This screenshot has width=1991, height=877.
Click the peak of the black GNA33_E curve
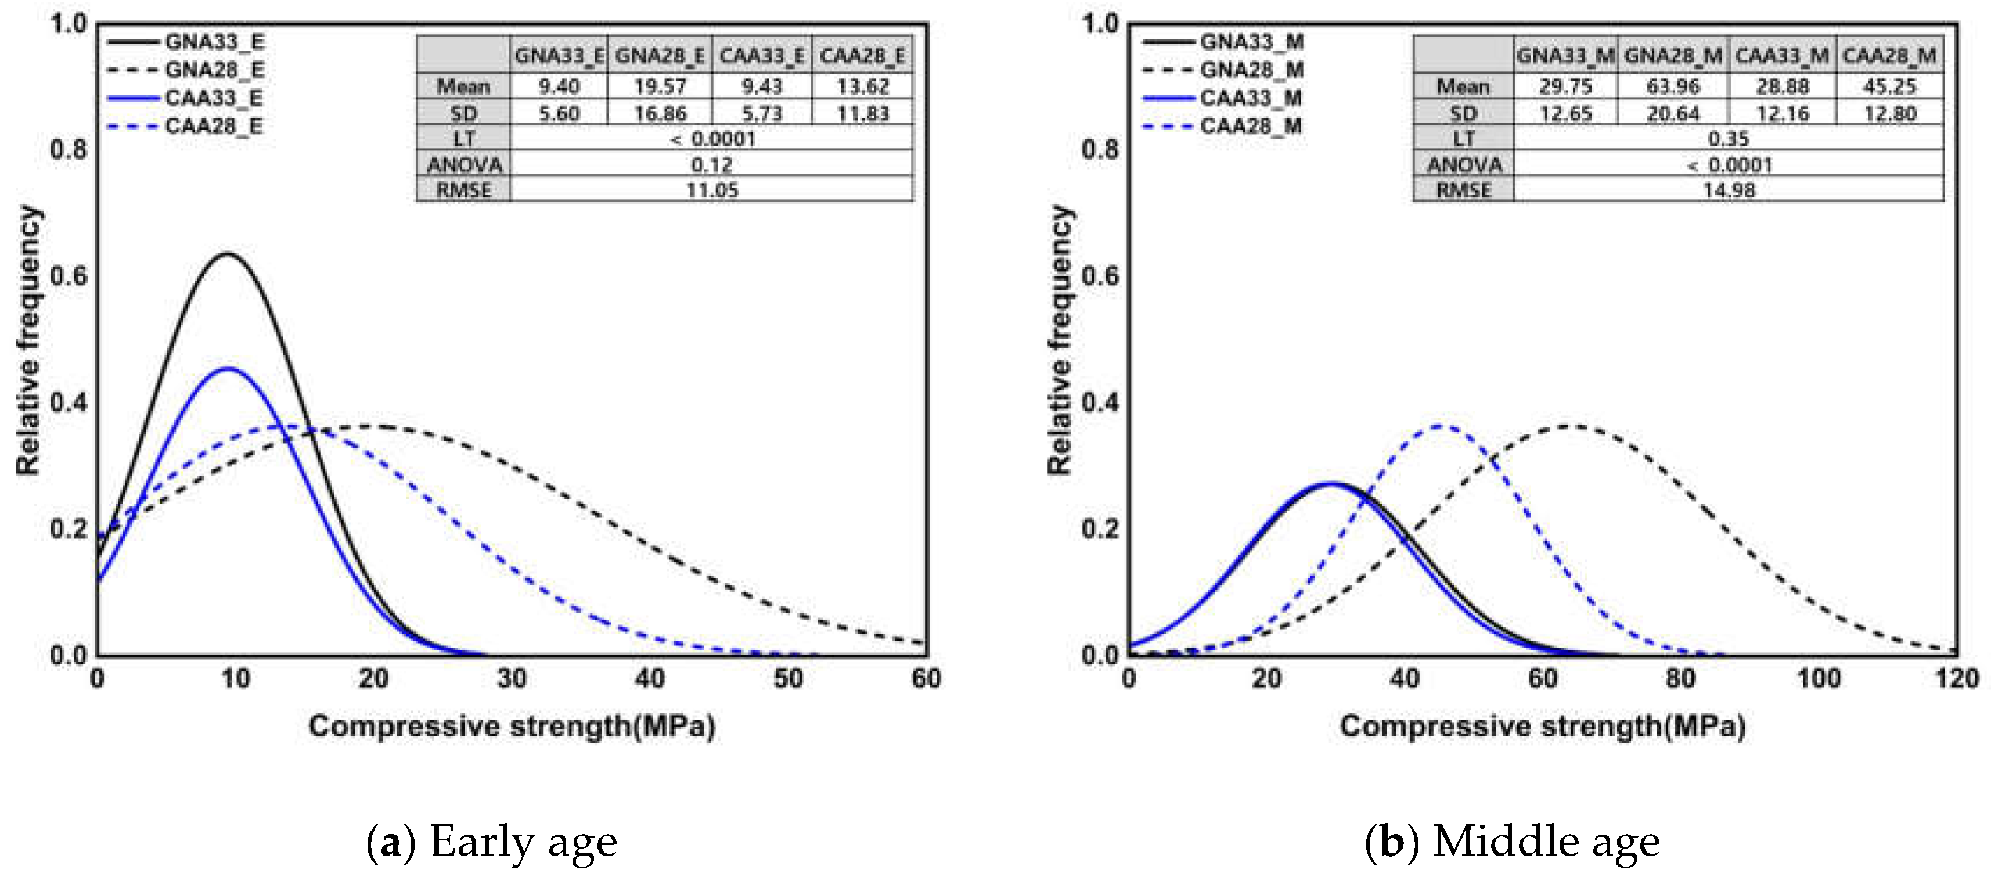227,254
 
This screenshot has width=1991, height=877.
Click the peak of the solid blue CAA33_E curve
227,369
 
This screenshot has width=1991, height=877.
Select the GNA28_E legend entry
214,70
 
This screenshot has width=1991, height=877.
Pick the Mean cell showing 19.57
660,87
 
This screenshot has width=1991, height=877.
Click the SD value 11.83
863,114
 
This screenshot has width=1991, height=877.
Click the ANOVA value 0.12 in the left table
712,165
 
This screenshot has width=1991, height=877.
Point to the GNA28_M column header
1673,56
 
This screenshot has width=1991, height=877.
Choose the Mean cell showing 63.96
1673,87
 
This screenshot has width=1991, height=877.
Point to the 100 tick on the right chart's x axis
1818,679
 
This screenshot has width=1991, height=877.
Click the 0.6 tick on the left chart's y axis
68,276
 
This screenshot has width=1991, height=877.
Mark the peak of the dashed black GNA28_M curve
1571,426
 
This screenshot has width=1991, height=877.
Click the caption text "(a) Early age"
492,842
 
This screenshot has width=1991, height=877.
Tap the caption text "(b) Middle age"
1513,842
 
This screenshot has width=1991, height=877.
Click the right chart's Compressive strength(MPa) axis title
1543,726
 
